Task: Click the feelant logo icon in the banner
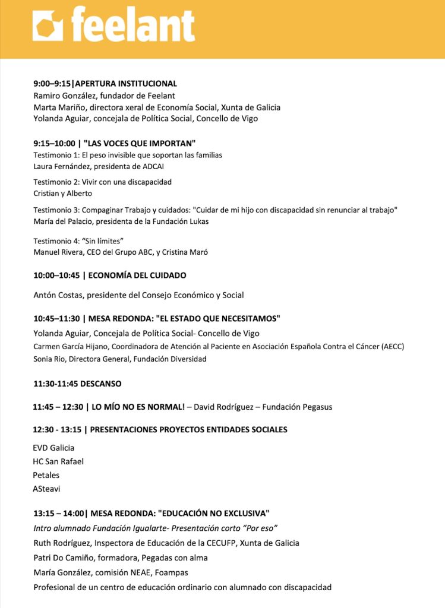click(x=48, y=27)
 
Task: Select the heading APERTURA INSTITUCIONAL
click(x=127, y=84)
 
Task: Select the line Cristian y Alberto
click(x=63, y=193)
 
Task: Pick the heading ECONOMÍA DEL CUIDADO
click(x=138, y=275)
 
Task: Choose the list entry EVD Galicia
click(x=53, y=448)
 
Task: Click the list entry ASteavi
click(x=47, y=489)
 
